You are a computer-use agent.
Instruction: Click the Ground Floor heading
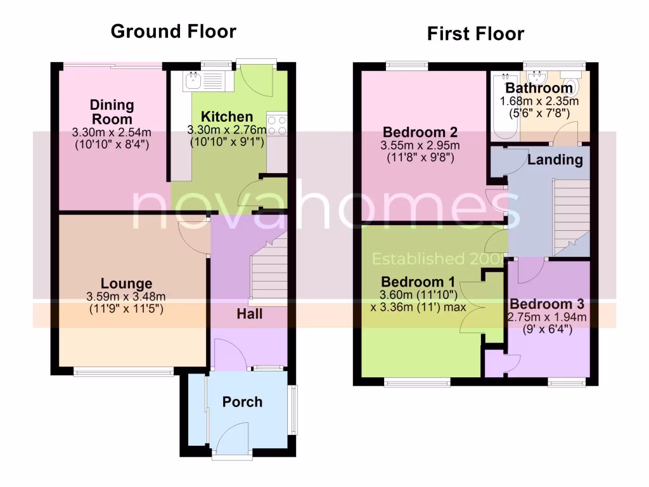click(x=173, y=31)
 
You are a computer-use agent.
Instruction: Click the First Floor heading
click(x=475, y=34)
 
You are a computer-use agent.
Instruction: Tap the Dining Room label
click(x=112, y=112)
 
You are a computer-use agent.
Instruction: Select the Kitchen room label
click(x=227, y=117)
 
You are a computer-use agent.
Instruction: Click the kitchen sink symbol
click(x=192, y=80)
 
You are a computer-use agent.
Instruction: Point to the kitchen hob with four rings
click(x=277, y=124)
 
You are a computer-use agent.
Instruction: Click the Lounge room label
click(x=126, y=283)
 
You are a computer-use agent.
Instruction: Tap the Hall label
click(x=249, y=314)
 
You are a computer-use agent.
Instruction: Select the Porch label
click(x=242, y=401)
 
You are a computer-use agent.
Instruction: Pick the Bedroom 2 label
click(x=420, y=133)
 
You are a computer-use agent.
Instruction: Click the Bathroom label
click(x=539, y=88)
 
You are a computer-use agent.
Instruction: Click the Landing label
click(x=555, y=159)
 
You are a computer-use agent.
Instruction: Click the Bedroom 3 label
click(x=548, y=303)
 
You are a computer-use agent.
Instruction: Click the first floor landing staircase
click(x=569, y=216)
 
